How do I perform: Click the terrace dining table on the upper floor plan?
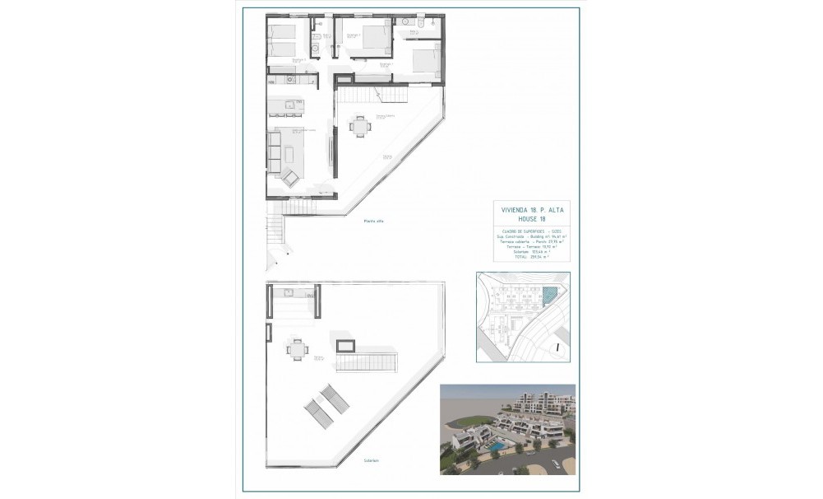click(359, 126)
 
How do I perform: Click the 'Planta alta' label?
click(375, 221)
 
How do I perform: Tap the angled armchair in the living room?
click(290, 177)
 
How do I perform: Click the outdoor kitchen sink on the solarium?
click(289, 292)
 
